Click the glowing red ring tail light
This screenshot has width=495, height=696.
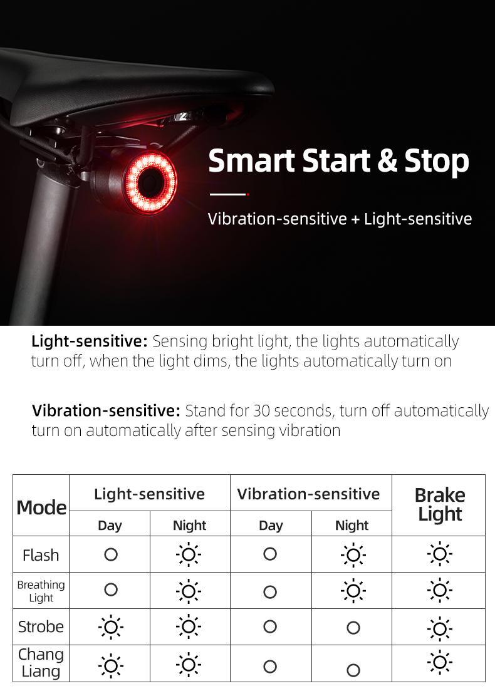150,182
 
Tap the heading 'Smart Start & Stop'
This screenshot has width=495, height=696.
338,161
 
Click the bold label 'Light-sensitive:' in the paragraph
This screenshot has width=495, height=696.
89,341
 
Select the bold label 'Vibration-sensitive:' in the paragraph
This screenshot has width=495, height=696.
106,411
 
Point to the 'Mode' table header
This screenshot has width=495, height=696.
41,507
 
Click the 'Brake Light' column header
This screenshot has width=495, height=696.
440,504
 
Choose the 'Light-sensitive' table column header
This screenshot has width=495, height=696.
149,494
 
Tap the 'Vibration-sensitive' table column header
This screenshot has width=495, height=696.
308,494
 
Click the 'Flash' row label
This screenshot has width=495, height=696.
41,555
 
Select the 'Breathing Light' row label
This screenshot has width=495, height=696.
41,591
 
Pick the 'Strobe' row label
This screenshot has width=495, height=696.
41,626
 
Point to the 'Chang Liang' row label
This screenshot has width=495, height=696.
41,663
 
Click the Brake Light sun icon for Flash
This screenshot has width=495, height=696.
440,554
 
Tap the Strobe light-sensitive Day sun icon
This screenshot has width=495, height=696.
111,626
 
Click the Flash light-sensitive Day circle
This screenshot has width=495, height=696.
111,554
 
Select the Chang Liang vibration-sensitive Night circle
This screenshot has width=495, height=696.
353,670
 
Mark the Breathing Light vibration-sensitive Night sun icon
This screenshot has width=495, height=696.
353,591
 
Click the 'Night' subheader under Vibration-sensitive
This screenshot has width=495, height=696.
352,526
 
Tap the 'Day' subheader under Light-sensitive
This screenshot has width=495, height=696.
110,526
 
